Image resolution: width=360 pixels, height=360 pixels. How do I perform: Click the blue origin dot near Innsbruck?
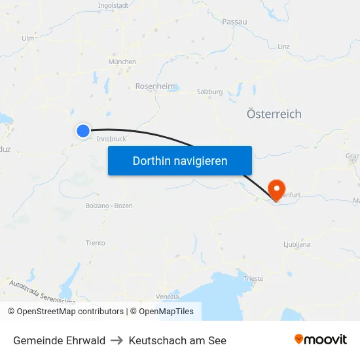point(83,131)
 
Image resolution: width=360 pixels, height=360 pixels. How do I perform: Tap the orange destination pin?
point(277,189)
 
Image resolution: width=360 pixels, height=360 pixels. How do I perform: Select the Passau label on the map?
point(234,22)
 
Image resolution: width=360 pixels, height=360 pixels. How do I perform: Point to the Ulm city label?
point(27,39)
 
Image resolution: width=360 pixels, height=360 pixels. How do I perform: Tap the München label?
point(122,62)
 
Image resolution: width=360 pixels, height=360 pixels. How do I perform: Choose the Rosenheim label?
point(155,86)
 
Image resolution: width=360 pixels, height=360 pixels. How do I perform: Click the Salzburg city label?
point(209,92)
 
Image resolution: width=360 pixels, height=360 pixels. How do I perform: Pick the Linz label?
point(283,47)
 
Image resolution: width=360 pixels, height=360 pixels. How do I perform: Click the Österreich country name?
point(274,114)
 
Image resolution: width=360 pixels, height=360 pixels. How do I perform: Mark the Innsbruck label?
point(111,139)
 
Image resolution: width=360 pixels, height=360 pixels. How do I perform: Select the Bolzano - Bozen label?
point(109,206)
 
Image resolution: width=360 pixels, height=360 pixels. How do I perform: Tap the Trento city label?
point(95,243)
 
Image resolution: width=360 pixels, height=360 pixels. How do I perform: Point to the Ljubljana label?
point(297,245)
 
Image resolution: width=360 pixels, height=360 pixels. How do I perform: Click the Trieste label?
point(253,279)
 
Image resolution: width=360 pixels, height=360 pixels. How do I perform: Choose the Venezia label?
point(168,297)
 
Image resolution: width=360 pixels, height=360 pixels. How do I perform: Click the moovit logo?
point(321,339)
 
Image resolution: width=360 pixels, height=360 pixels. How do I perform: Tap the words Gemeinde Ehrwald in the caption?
point(59,340)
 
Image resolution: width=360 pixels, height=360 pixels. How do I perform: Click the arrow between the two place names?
point(117,340)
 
